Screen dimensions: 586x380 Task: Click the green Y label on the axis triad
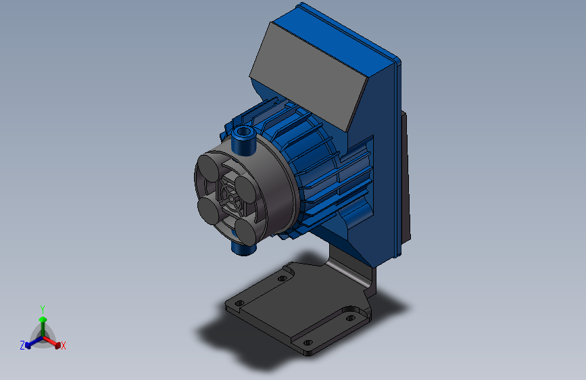point(43,310)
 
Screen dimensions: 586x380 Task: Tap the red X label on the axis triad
point(63,346)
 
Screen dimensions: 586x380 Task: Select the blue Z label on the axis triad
point(22,346)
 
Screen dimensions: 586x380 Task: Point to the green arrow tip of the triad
point(43,319)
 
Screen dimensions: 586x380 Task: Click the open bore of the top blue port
point(244,131)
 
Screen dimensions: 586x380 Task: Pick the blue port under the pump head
point(243,247)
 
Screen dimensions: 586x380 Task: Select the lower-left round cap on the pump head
point(208,211)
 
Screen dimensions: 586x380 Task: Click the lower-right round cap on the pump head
point(247,231)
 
